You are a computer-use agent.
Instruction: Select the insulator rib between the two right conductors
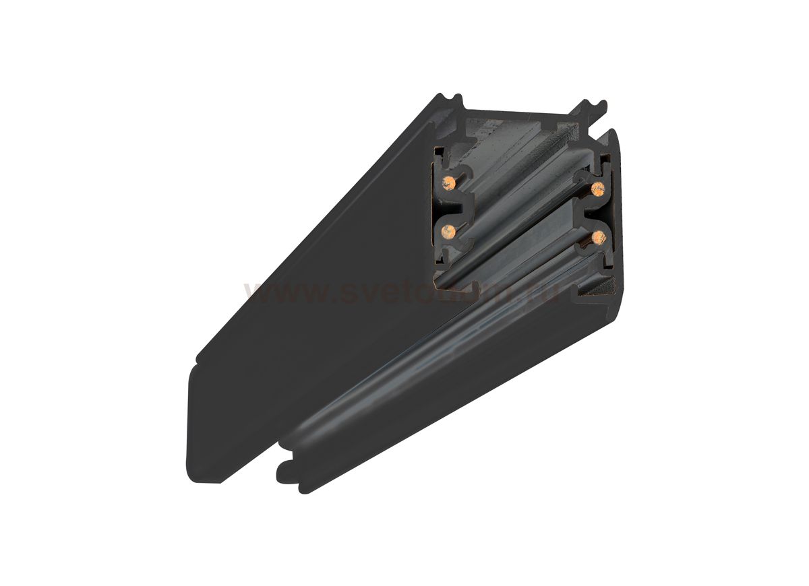593,213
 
